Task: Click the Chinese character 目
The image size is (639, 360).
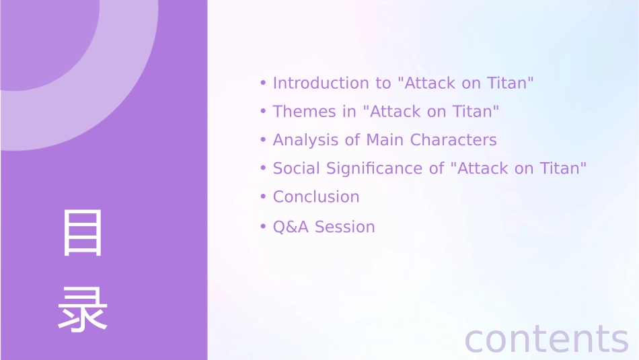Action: point(82,232)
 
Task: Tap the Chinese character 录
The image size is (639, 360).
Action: point(82,309)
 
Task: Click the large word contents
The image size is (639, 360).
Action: point(546,339)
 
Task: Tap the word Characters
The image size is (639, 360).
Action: point(453,140)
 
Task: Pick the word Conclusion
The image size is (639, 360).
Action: point(316,197)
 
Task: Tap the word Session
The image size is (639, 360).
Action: point(345,227)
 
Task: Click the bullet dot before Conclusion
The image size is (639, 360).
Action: point(263,197)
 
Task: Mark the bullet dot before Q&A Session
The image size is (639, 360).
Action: point(263,227)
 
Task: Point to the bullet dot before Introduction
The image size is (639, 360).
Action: point(263,83)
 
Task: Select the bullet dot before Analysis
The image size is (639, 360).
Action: point(263,140)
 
